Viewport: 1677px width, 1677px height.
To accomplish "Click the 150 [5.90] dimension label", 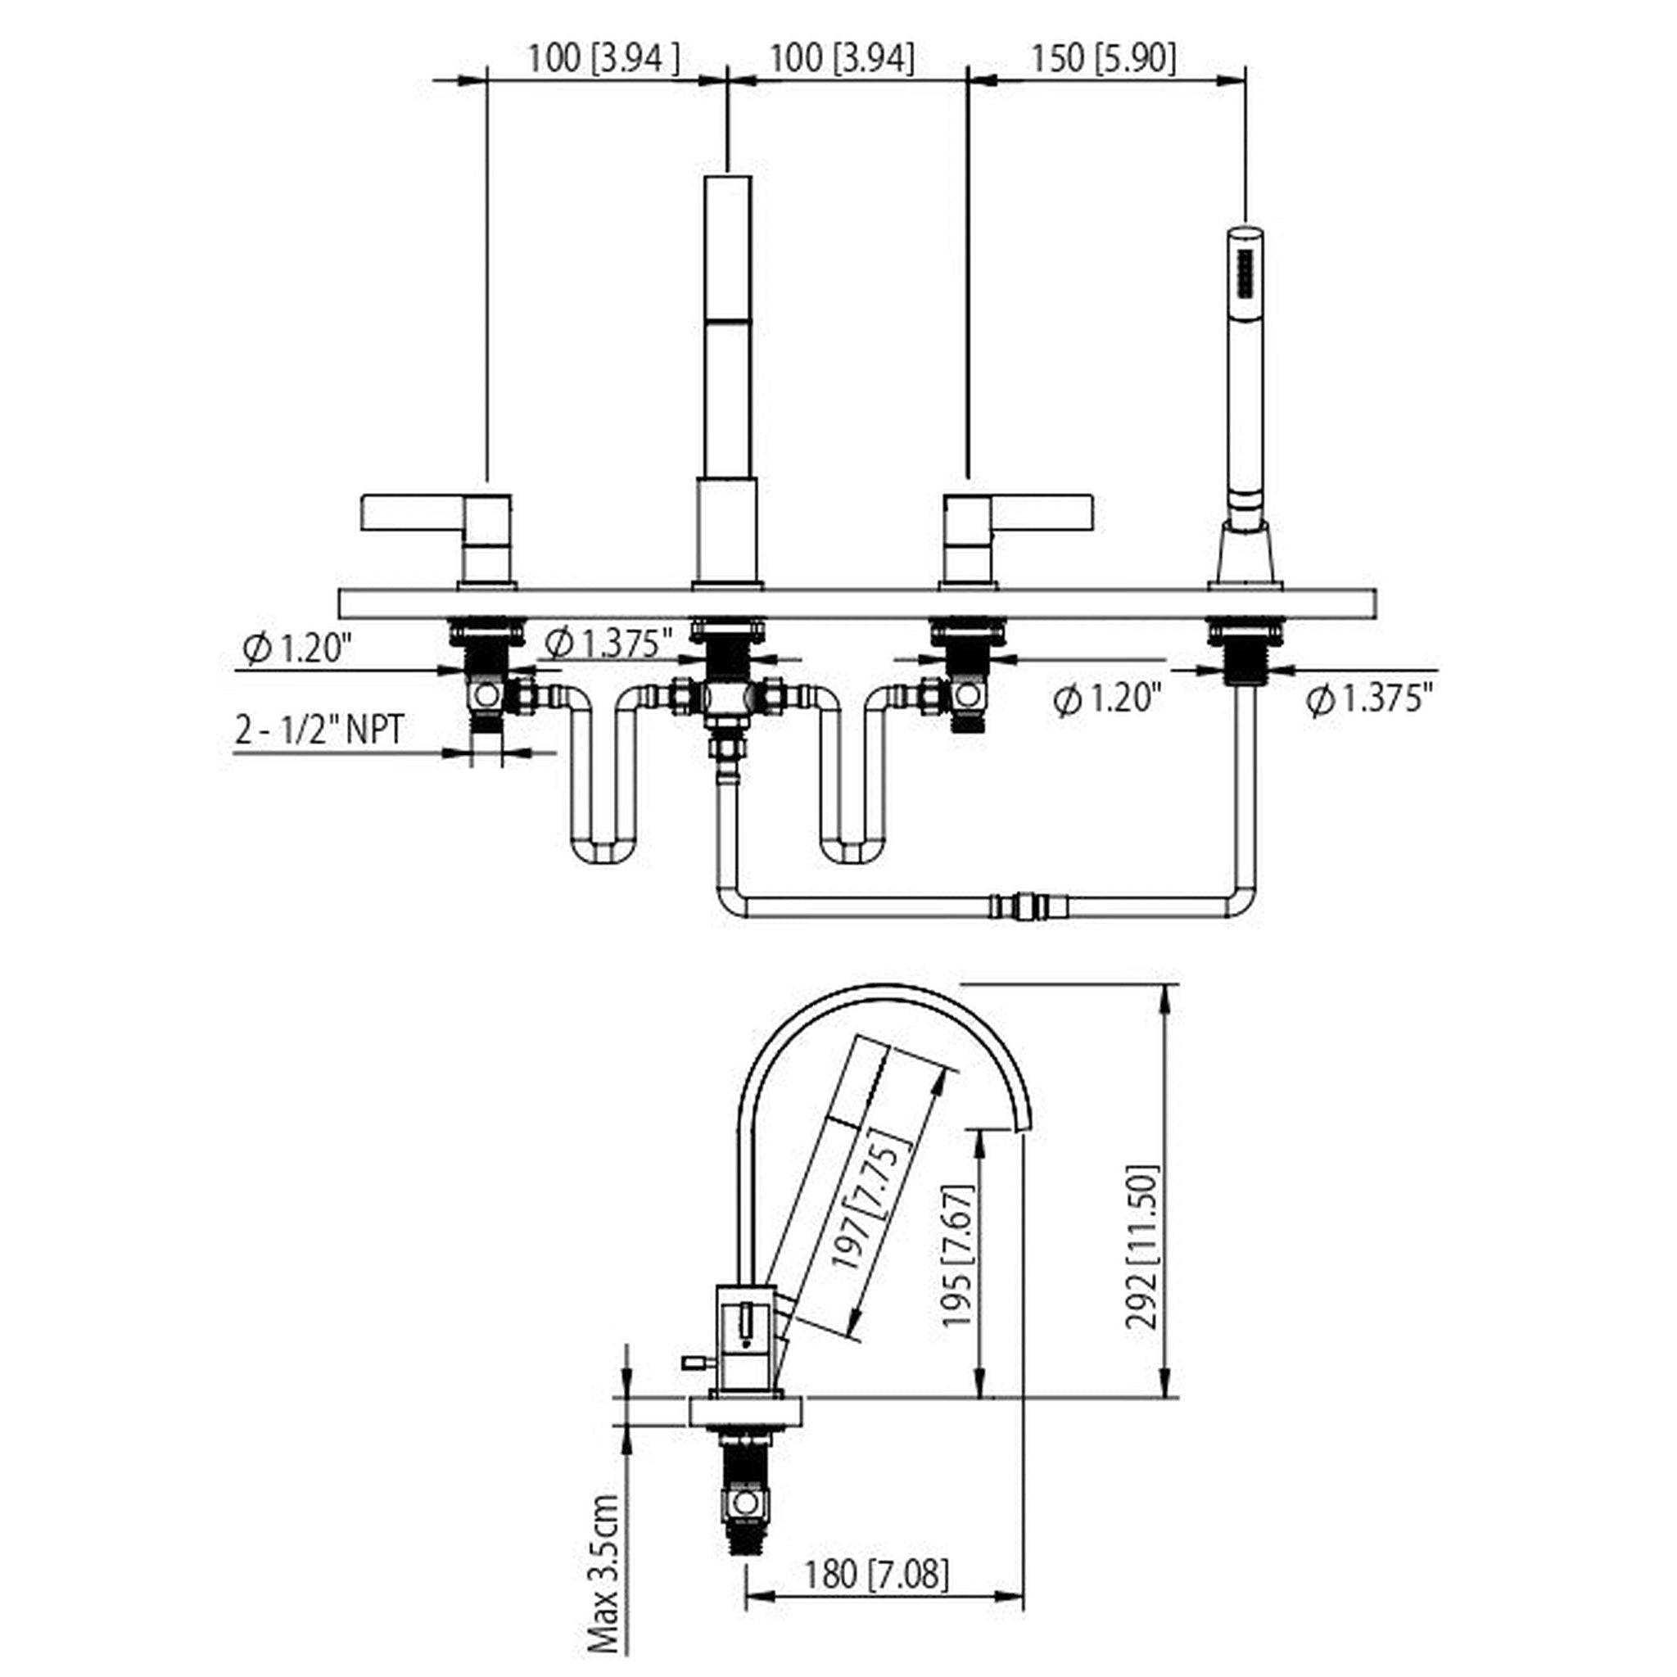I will point(1102,59).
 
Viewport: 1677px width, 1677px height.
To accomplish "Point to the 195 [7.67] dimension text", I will point(959,1255).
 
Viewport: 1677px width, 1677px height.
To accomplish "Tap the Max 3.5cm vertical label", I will point(603,1573).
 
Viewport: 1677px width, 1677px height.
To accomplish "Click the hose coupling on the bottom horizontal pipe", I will point(1033,906).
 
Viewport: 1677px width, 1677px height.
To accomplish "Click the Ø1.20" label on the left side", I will point(297,648).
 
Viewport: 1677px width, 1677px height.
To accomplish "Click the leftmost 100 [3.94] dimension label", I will point(604,59).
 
